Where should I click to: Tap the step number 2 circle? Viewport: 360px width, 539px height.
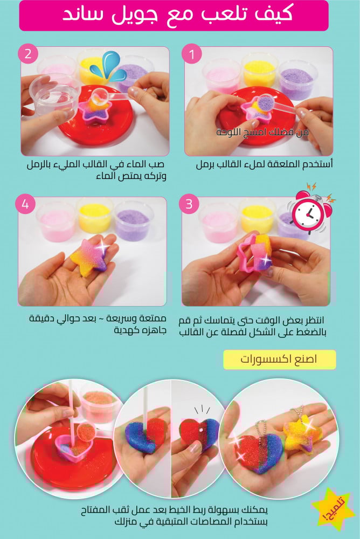coord(28,54)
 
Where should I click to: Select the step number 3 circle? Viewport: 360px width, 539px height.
coord(189,204)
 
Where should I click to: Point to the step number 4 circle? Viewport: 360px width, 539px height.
coord(25,204)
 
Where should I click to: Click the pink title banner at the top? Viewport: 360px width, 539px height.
coord(174,16)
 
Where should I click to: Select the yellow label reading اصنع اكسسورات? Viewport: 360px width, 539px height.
coord(280,360)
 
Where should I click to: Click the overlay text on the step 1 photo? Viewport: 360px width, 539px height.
coord(262,132)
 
